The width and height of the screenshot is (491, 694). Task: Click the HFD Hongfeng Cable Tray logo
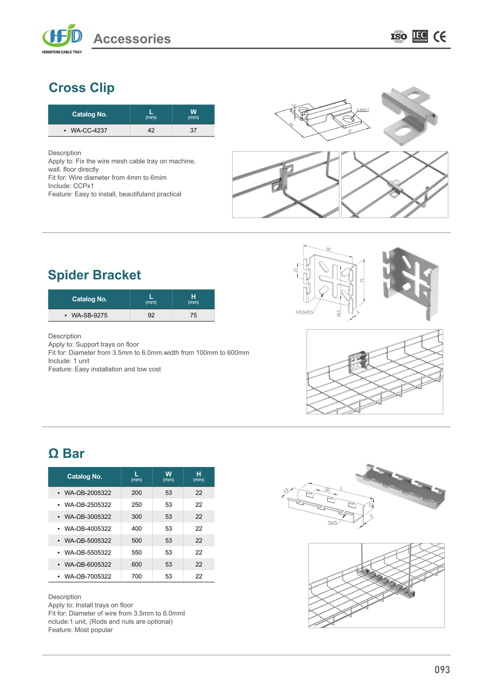(62, 39)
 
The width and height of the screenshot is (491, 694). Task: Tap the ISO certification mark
(399, 37)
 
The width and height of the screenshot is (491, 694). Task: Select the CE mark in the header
(439, 37)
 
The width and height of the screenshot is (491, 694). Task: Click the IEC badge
(420, 36)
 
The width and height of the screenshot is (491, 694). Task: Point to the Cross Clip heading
(82, 88)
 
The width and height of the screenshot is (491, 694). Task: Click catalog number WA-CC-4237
(89, 130)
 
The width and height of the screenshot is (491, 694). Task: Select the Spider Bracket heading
(94, 275)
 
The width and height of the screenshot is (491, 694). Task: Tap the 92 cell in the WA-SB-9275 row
(151, 315)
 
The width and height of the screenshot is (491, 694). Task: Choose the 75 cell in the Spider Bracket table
(193, 315)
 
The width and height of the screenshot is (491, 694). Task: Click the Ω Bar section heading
(66, 453)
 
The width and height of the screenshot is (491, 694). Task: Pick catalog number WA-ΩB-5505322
(88, 552)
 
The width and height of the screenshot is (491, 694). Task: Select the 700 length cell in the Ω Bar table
(136, 576)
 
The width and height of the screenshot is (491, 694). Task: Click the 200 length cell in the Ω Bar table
(136, 493)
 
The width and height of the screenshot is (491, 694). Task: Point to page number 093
(442, 670)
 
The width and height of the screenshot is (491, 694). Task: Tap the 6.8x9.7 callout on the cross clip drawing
(363, 110)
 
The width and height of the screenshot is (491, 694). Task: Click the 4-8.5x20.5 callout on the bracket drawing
(304, 312)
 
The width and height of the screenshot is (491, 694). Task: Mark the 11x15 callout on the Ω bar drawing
(332, 523)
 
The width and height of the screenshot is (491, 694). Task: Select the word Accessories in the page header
(132, 39)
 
